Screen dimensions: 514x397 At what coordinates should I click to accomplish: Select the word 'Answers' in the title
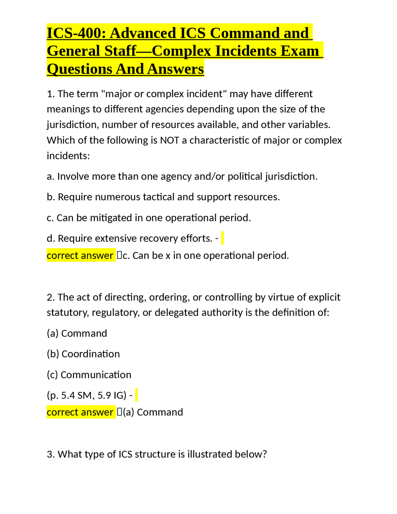tap(176, 69)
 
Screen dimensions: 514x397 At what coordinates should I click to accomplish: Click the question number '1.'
tap(51, 94)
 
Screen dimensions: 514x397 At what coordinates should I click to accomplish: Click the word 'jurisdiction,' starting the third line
tap(73, 125)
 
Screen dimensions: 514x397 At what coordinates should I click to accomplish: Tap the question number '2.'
tap(51, 297)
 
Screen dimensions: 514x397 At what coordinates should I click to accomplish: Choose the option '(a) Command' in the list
tap(77, 333)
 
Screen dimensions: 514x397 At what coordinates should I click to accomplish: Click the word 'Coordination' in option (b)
tap(91, 354)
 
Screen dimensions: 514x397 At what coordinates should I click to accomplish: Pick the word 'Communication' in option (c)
tap(96, 375)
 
